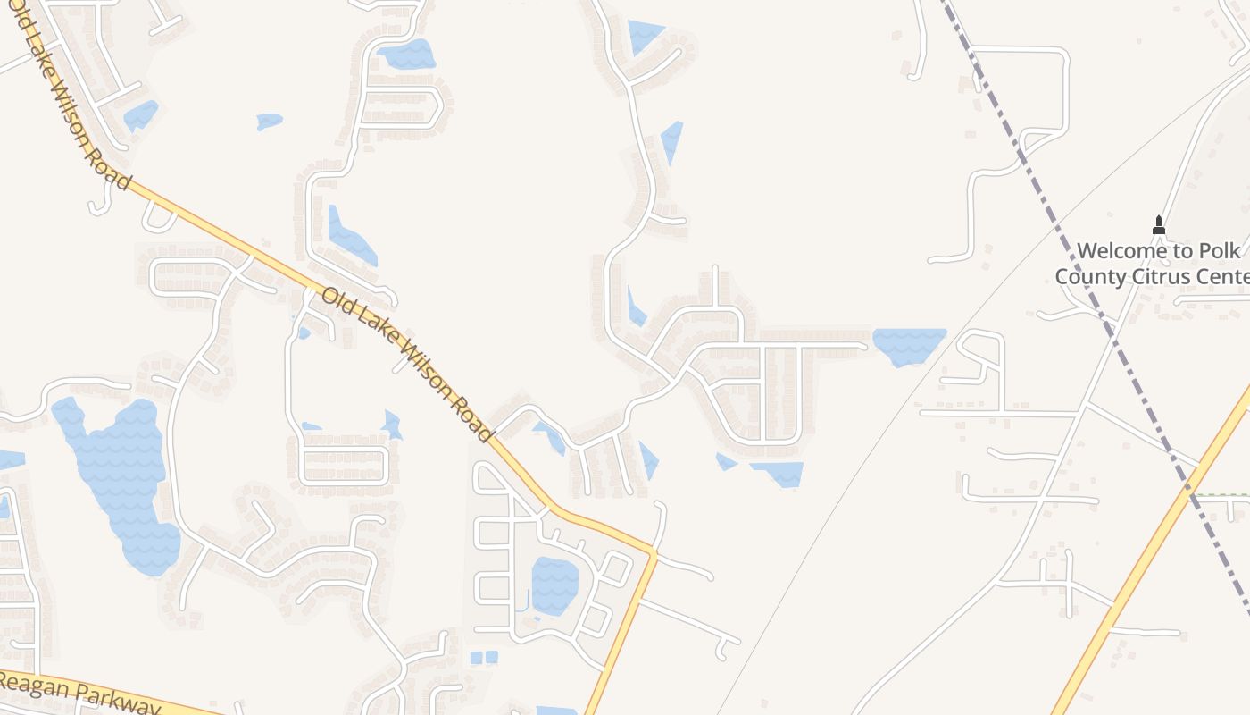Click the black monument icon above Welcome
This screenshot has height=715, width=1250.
[x=1159, y=225]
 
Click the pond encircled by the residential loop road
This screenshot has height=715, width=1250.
[x=554, y=585]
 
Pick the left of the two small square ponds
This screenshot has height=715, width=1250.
[x=476, y=658]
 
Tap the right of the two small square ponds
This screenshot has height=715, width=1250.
[x=492, y=658]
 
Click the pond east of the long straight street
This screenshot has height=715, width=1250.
[x=909, y=345]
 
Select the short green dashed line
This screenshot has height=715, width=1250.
[x=1223, y=494]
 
